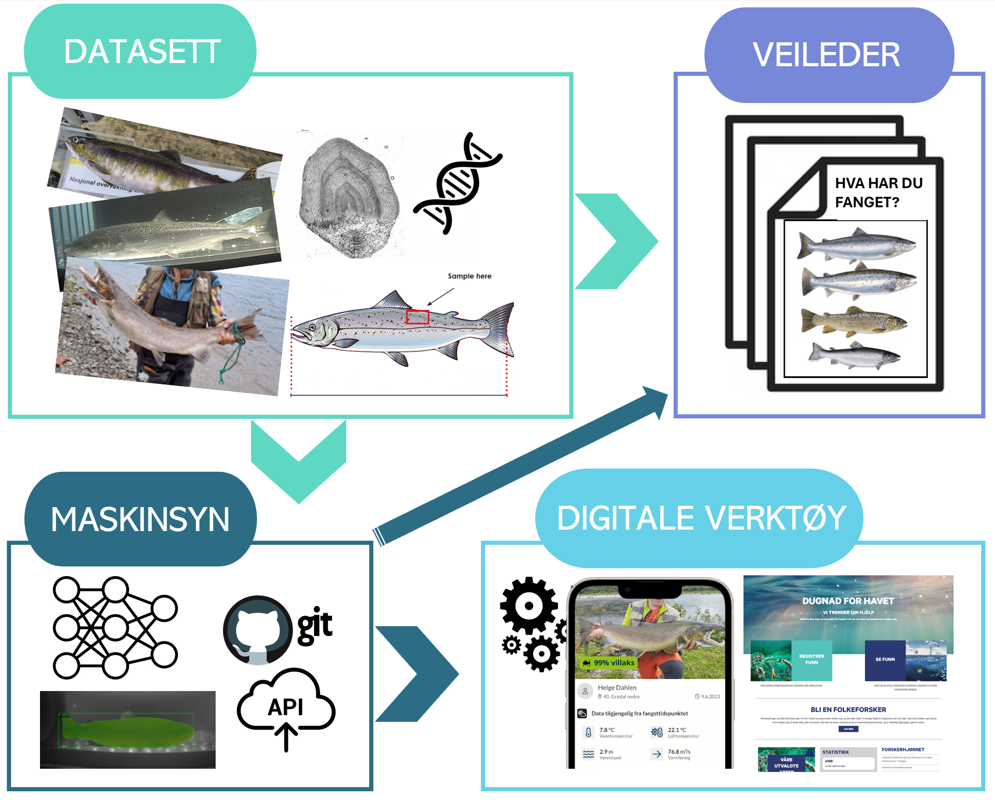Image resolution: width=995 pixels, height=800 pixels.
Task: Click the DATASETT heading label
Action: (142, 51)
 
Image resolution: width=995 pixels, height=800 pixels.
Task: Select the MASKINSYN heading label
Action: (140, 520)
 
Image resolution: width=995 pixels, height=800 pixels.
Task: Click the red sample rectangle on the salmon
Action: (417, 317)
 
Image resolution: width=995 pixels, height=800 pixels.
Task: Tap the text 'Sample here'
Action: (469, 276)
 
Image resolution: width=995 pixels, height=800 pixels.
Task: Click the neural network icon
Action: (114, 628)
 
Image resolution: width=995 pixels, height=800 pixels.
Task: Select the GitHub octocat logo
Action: (257, 630)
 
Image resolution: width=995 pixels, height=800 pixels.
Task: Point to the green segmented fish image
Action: (127, 730)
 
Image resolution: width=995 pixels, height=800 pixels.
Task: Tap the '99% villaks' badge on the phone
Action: (609, 663)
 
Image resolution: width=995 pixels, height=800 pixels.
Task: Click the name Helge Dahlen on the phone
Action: (617, 687)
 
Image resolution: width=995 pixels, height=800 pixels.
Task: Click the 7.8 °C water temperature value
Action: (606, 730)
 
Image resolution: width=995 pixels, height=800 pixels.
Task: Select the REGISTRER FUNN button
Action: (812, 659)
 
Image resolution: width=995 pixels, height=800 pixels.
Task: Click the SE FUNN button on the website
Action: (885, 659)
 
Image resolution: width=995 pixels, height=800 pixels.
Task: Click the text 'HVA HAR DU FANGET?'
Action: (878, 192)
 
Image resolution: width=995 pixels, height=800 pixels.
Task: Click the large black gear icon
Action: (529, 605)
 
